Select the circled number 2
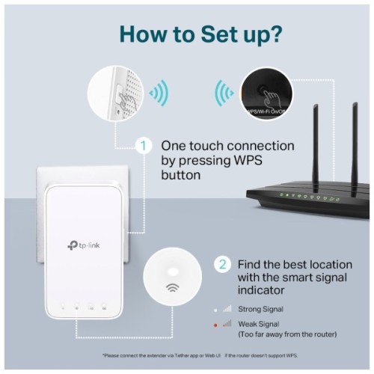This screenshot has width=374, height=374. coord(222,264)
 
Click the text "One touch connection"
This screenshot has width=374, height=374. coord(227,145)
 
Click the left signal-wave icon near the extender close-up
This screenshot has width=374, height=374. coord(158,94)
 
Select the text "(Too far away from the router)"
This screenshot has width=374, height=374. coord(286,334)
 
